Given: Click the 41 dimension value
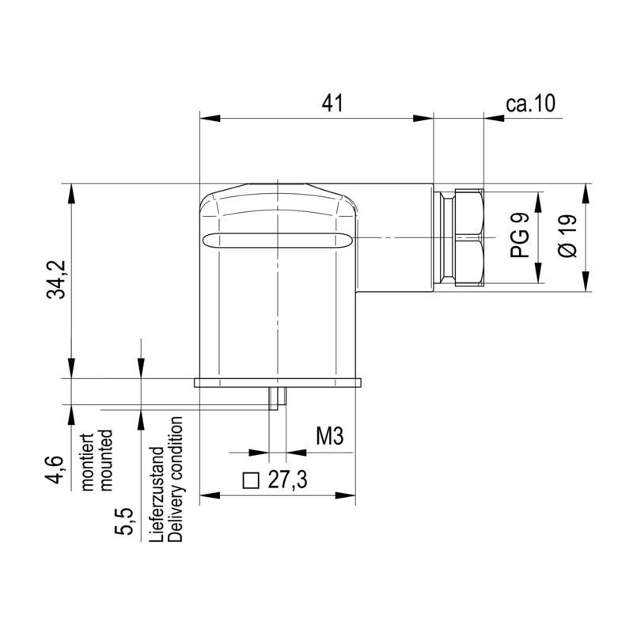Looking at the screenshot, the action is [x=332, y=103].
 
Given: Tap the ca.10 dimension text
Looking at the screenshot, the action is [x=530, y=103].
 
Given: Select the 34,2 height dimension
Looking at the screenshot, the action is [x=56, y=279].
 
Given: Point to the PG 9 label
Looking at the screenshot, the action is [x=519, y=235].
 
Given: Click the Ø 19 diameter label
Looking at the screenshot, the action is [x=567, y=235].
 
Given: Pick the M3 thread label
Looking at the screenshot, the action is [x=329, y=436].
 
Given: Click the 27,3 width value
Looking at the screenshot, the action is [x=287, y=479].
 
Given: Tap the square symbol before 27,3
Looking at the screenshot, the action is [x=251, y=480].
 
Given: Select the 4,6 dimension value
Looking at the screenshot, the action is [x=55, y=469].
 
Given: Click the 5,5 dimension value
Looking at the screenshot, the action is [x=123, y=521].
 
